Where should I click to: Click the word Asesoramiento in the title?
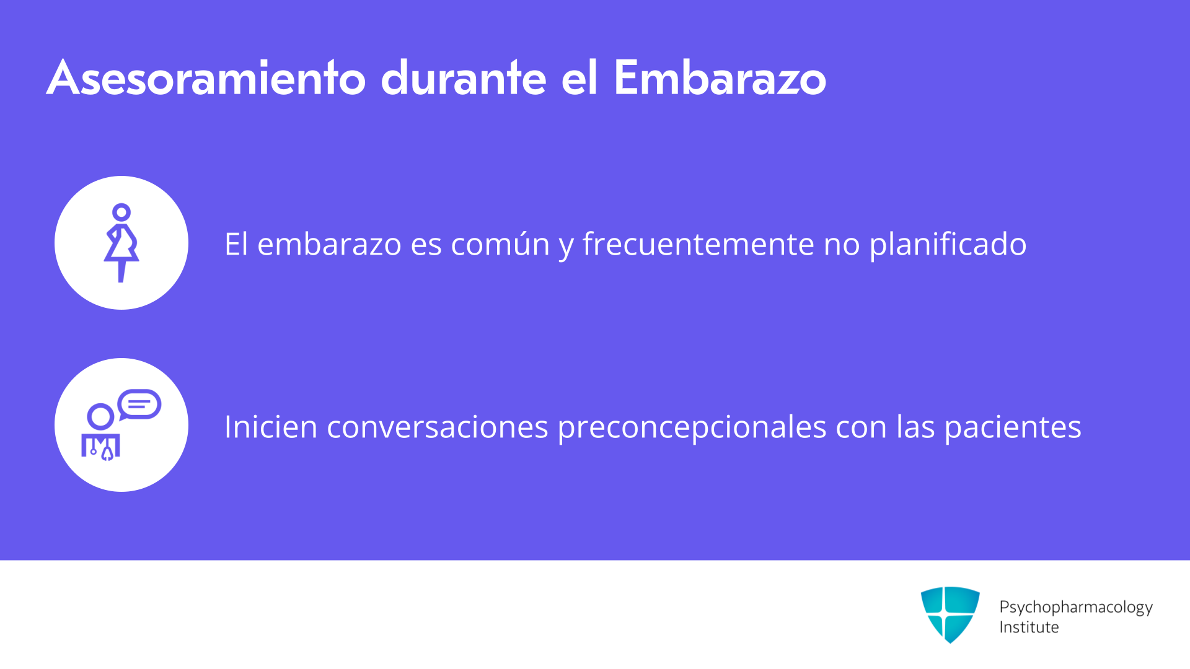coord(206,78)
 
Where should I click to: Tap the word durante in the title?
coord(464,78)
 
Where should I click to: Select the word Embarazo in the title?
coord(720,78)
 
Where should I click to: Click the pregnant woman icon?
coord(121,243)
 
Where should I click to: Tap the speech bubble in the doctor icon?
coord(139,404)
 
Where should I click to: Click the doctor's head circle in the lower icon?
coord(100,417)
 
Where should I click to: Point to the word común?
coord(500,244)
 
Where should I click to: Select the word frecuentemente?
coord(698,244)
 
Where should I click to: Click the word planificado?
coord(948,244)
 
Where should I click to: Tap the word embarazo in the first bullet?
coord(329,244)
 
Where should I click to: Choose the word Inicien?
coord(271,427)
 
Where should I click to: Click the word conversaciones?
coord(438,427)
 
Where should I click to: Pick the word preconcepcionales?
coord(692,427)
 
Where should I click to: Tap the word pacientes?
coord(1013,427)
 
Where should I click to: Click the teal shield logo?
coord(950,614)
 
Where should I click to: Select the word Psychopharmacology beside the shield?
coord(1076,607)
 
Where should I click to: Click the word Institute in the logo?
coord(1029,627)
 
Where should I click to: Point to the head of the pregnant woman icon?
coord(121,212)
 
